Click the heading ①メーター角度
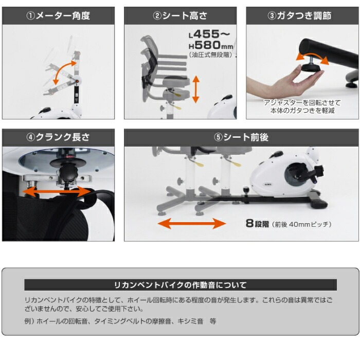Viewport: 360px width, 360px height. pyautogui.click(x=58, y=15)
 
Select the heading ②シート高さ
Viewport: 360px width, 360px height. pyautogui.click(x=180, y=15)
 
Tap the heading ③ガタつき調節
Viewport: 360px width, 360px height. pyautogui.click(x=299, y=15)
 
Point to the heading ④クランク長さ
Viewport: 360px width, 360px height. pyautogui.click(x=58, y=137)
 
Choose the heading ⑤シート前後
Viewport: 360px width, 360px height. pyautogui.click(x=241, y=137)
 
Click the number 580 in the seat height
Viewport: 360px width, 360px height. pyautogui.click(x=208, y=45)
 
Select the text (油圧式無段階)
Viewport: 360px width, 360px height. pyautogui.click(x=210, y=55)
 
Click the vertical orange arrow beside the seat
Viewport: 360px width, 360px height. pyautogui.click(x=195, y=89)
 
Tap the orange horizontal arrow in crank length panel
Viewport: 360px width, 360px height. pyautogui.click(x=57, y=192)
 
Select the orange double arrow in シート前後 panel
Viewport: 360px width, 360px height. pyautogui.click(x=192, y=223)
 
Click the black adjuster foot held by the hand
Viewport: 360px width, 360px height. pyautogui.click(x=312, y=68)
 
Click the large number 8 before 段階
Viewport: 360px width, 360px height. pyautogui.click(x=249, y=223)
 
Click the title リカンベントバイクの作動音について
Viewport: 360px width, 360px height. pyautogui.click(x=181, y=285)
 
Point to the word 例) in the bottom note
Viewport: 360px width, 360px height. pyautogui.click(x=29, y=321)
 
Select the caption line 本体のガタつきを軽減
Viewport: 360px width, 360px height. pyautogui.click(x=302, y=111)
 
